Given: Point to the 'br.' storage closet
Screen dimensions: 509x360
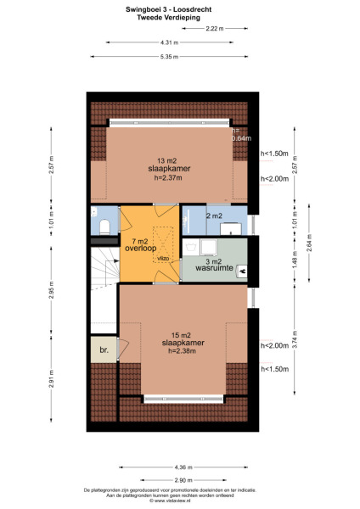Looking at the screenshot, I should point(103,350).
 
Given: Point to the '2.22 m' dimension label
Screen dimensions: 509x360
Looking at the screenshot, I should point(215,29).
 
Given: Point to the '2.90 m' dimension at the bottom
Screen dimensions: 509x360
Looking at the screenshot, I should point(182,480).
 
